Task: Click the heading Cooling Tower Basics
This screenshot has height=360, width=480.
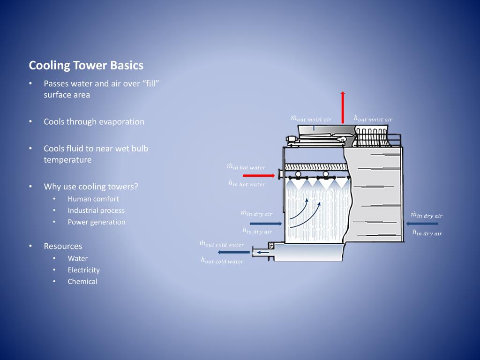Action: click(x=86, y=65)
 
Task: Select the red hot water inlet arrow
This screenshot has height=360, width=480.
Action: click(x=259, y=175)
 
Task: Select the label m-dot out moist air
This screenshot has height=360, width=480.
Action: click(x=311, y=119)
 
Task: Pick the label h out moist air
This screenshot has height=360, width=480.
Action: click(x=373, y=119)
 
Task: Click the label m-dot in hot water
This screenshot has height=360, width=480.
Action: click(x=246, y=167)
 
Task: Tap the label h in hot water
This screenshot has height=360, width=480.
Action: click(x=247, y=184)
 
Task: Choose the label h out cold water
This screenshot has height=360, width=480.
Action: click(x=222, y=261)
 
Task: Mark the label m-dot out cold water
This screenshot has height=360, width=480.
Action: click(x=221, y=244)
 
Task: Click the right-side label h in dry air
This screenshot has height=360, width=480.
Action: click(x=427, y=232)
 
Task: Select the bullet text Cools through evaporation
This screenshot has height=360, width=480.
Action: click(x=94, y=121)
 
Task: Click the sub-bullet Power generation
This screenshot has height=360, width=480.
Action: click(x=96, y=222)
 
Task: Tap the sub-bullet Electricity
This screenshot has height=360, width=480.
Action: click(x=83, y=270)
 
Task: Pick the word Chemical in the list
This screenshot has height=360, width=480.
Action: click(x=82, y=281)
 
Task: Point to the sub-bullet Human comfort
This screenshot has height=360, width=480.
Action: click(x=93, y=198)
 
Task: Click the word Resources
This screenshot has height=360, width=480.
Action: click(x=63, y=246)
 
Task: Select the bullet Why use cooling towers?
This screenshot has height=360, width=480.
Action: click(x=91, y=187)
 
